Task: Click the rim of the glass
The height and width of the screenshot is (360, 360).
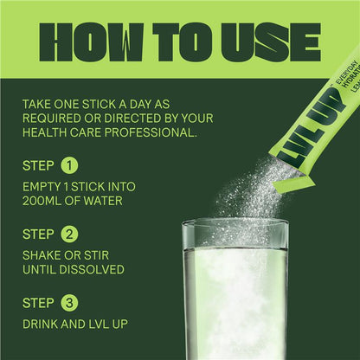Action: pos(235,224)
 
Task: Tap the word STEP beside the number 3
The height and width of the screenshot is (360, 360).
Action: pos(39,303)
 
